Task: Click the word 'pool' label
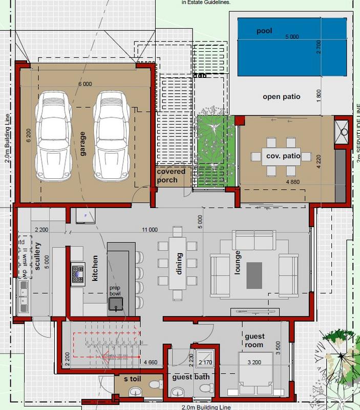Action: (x=265, y=31)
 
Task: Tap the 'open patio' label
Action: (x=281, y=96)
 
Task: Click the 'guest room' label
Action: (x=255, y=340)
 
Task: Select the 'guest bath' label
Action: (x=189, y=377)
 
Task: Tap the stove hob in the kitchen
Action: (x=78, y=273)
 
